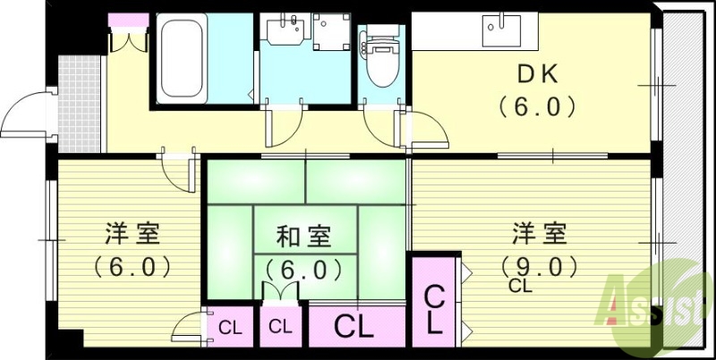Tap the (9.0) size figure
[536, 266]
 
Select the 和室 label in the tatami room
[303, 236]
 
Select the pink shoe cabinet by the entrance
[126, 20]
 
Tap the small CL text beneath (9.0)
[520, 287]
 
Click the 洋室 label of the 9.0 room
[539, 235]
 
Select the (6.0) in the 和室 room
[303, 268]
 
